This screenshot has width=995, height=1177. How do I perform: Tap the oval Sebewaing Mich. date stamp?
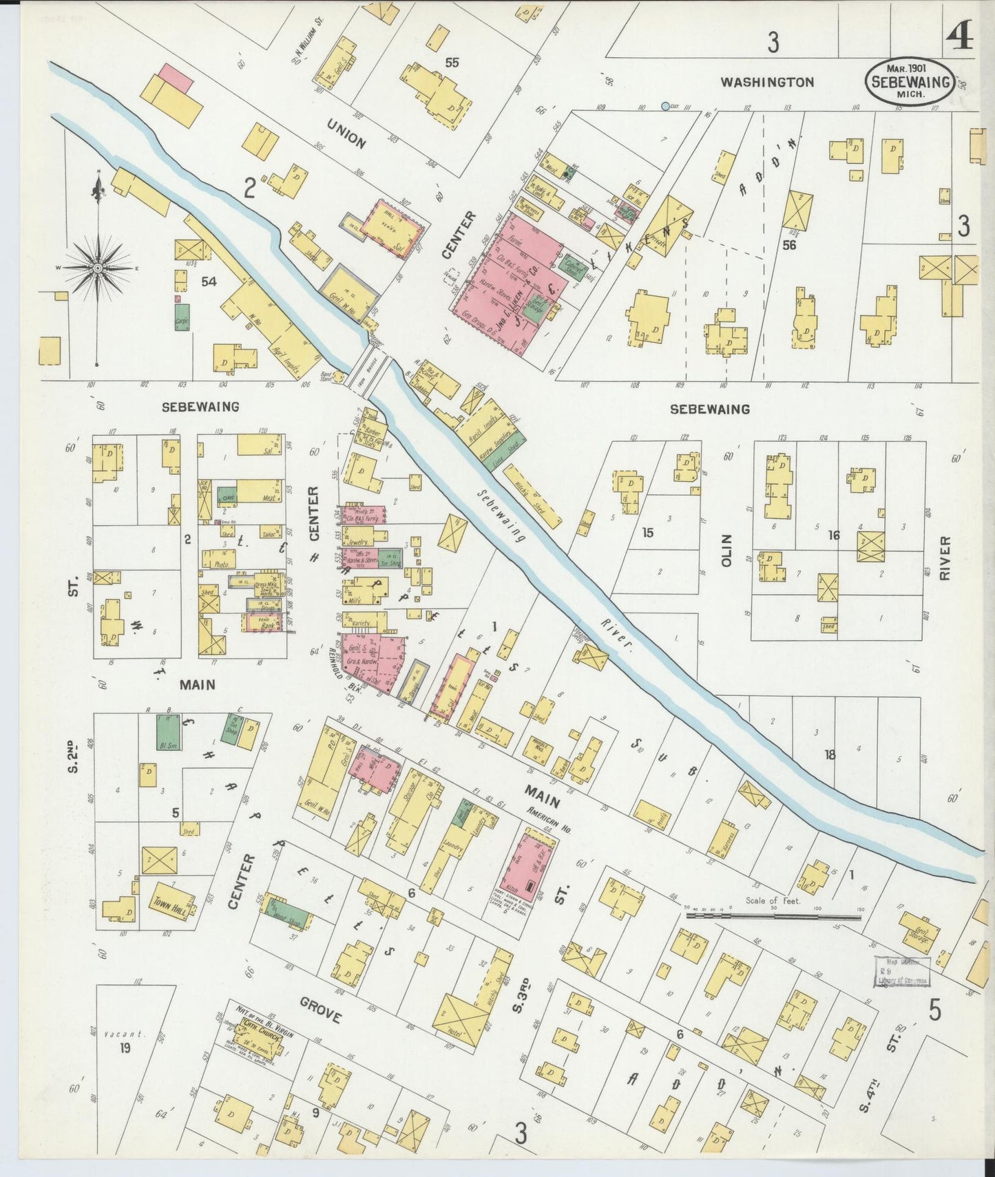(909, 81)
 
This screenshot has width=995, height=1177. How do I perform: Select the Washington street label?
(766, 83)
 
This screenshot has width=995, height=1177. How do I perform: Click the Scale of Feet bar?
(775, 916)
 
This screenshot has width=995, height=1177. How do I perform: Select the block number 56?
(789, 244)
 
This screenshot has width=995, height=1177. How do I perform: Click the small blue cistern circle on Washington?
(664, 106)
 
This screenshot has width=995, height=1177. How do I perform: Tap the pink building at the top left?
(175, 79)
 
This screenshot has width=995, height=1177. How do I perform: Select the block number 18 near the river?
(830, 754)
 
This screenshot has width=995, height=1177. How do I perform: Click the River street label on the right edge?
(945, 558)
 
